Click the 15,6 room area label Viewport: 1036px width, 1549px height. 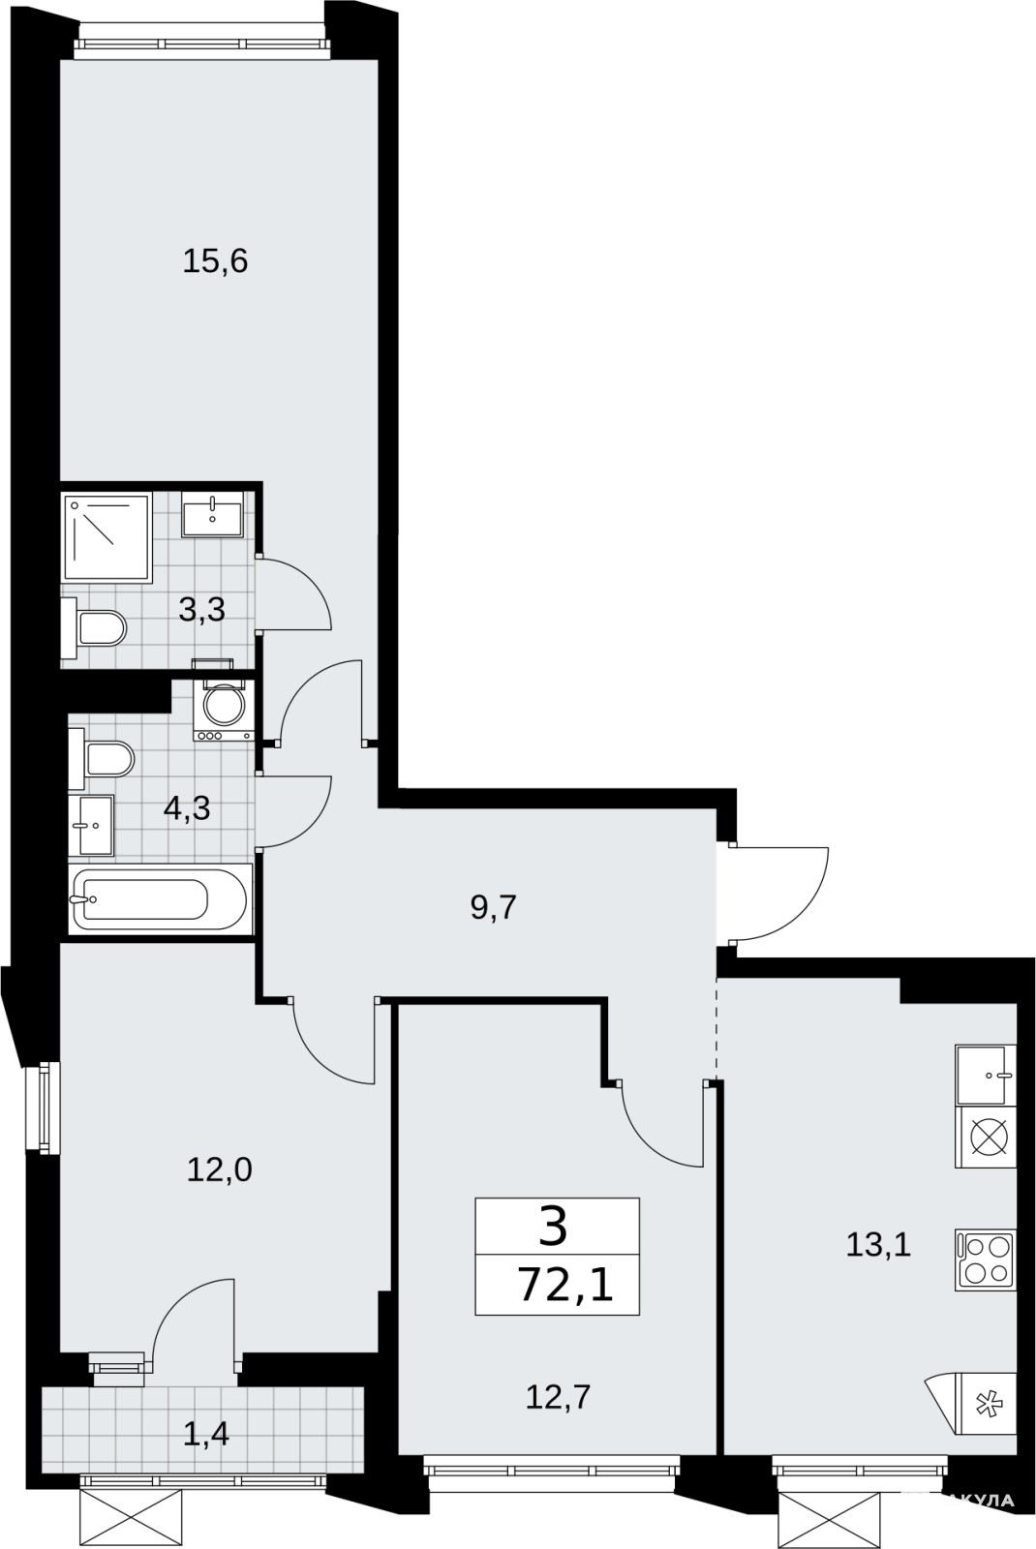215,262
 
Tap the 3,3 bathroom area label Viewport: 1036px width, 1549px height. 202,610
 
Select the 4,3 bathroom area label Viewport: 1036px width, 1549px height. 187,807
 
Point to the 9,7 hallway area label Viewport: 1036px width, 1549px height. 494,907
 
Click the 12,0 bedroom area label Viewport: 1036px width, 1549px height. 219,1170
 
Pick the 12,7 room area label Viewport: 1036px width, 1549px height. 558,1398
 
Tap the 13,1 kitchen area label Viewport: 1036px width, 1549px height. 878,1245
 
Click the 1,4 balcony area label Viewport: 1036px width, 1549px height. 206,1436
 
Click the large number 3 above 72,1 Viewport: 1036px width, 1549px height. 553,1228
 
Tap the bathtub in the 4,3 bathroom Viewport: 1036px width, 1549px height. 159,899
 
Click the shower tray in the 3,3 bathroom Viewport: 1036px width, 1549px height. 107,537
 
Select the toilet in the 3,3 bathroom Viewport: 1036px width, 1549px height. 94,628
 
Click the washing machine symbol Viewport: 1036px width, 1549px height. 224,711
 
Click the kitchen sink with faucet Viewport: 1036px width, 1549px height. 985,1076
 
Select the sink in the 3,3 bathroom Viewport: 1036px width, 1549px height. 212,514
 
